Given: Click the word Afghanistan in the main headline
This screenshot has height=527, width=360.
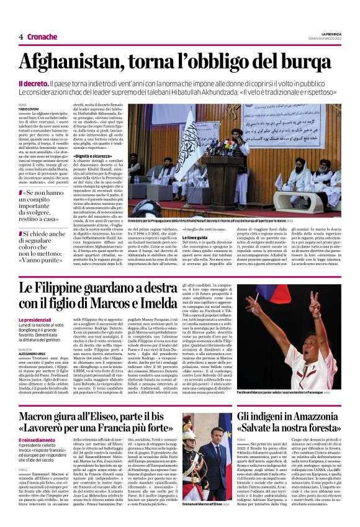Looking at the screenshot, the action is point(70,62).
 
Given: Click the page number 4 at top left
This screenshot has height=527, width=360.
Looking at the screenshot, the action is point(21,37).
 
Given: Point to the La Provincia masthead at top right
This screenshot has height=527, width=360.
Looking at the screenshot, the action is point(331,34).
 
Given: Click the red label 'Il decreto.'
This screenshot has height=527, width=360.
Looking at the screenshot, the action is point(32,83).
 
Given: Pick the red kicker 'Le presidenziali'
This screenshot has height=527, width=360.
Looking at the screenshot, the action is point(35,319).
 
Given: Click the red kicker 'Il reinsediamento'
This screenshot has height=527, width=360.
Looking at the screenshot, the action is point(37,439).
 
